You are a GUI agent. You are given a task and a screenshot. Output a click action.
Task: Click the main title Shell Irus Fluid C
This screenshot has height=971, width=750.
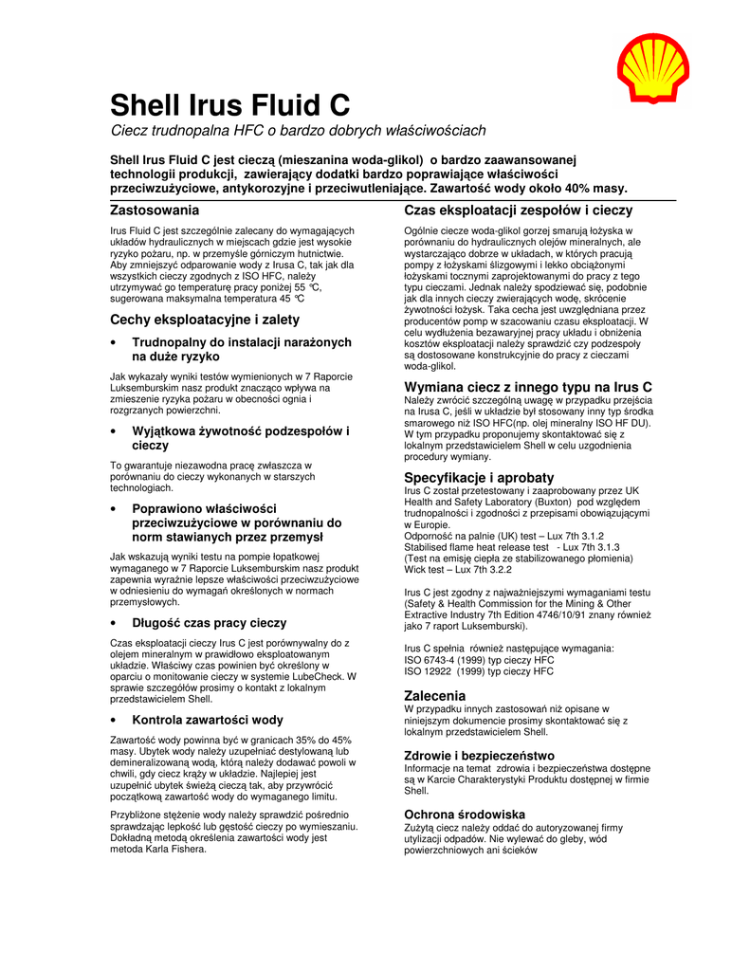tap(230, 104)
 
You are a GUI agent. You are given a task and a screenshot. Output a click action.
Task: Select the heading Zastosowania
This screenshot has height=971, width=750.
tap(155, 210)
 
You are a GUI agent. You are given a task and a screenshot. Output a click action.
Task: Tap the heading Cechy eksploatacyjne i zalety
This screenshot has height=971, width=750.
tap(205, 320)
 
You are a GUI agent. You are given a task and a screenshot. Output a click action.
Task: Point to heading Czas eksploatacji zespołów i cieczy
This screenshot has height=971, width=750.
tap(519, 211)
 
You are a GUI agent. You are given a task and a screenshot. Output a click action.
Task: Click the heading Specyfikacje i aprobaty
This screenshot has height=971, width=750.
tap(479, 477)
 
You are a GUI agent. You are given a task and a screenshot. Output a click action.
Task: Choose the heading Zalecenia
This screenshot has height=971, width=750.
tap(435, 696)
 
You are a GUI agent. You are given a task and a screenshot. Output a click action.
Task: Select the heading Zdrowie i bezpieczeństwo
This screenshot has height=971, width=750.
tap(479, 756)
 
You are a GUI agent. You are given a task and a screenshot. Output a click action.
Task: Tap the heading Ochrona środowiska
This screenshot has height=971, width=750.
tap(465, 815)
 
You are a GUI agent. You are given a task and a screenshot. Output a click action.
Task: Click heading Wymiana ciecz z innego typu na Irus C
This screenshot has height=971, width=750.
tap(528, 387)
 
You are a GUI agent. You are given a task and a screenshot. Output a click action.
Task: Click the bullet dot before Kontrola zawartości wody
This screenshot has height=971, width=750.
tap(114, 721)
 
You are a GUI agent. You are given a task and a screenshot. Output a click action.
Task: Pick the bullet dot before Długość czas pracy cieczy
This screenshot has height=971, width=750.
tap(114, 624)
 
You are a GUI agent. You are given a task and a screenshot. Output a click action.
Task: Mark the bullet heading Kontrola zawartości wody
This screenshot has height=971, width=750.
tap(208, 720)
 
